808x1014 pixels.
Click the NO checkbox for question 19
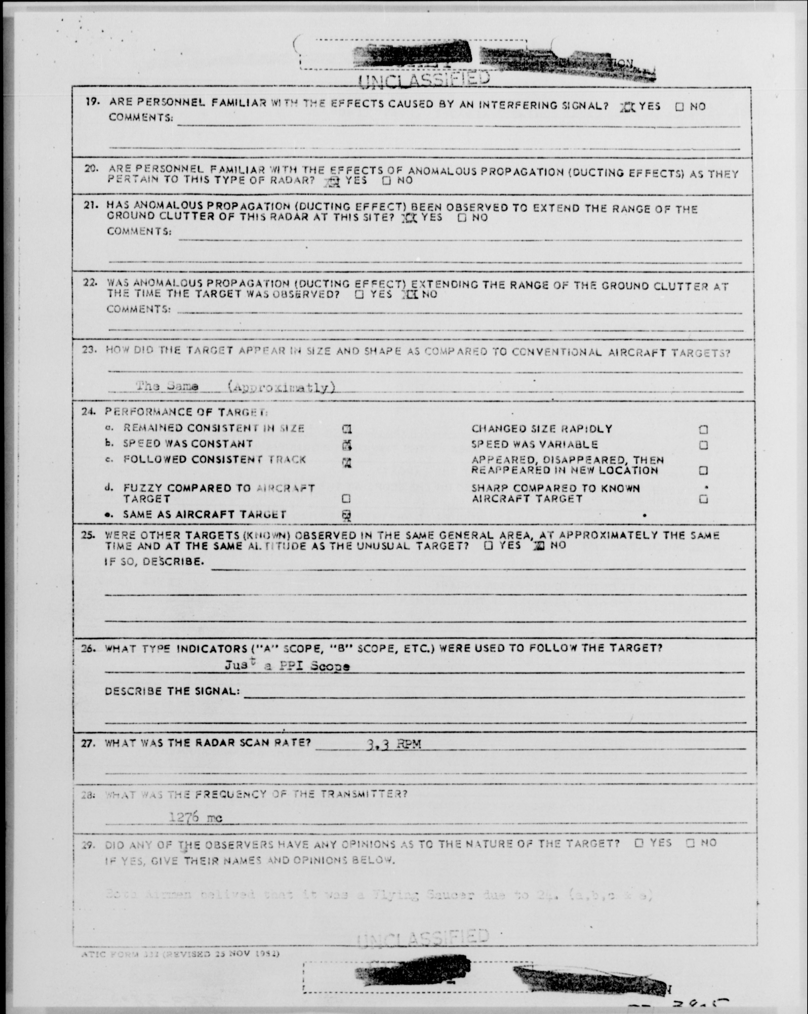tap(679, 107)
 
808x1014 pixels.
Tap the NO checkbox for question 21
tap(462, 218)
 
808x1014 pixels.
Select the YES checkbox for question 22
tap(360, 295)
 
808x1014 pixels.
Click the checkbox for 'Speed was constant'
tap(347, 445)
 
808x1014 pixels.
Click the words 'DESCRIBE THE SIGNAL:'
tap(172, 691)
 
